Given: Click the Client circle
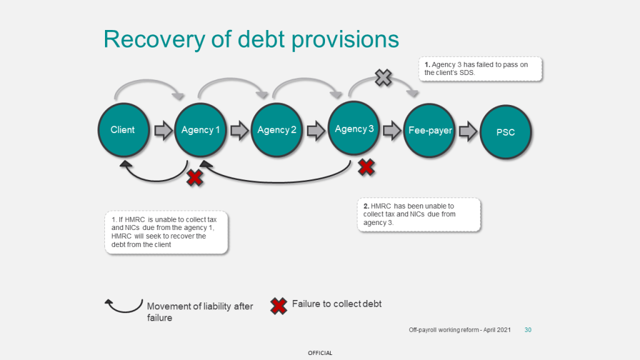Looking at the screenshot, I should click(x=123, y=130).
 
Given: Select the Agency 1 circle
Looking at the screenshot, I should click(x=201, y=130).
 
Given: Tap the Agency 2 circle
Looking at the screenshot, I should click(x=277, y=130).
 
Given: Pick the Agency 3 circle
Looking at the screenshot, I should click(x=354, y=129).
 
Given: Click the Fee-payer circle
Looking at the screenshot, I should click(x=430, y=131).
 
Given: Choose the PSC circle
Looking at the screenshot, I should click(x=506, y=132).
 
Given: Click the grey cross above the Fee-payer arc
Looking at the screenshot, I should click(x=382, y=78).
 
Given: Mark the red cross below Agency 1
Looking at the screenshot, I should click(x=195, y=178).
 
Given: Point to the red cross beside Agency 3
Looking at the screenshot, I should click(x=366, y=167).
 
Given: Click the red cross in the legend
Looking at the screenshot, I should click(x=279, y=306).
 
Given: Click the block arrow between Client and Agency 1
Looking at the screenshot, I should click(x=162, y=131).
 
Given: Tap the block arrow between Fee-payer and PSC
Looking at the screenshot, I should click(x=469, y=131).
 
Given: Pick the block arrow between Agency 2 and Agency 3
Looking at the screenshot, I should click(x=316, y=131).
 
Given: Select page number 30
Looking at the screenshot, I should click(x=527, y=329).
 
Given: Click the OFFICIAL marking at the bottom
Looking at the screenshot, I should click(x=320, y=353).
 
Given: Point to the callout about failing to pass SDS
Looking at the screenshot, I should click(x=481, y=69).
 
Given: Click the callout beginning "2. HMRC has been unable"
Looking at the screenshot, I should click(x=418, y=214).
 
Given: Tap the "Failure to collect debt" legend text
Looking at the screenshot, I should click(x=336, y=304).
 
